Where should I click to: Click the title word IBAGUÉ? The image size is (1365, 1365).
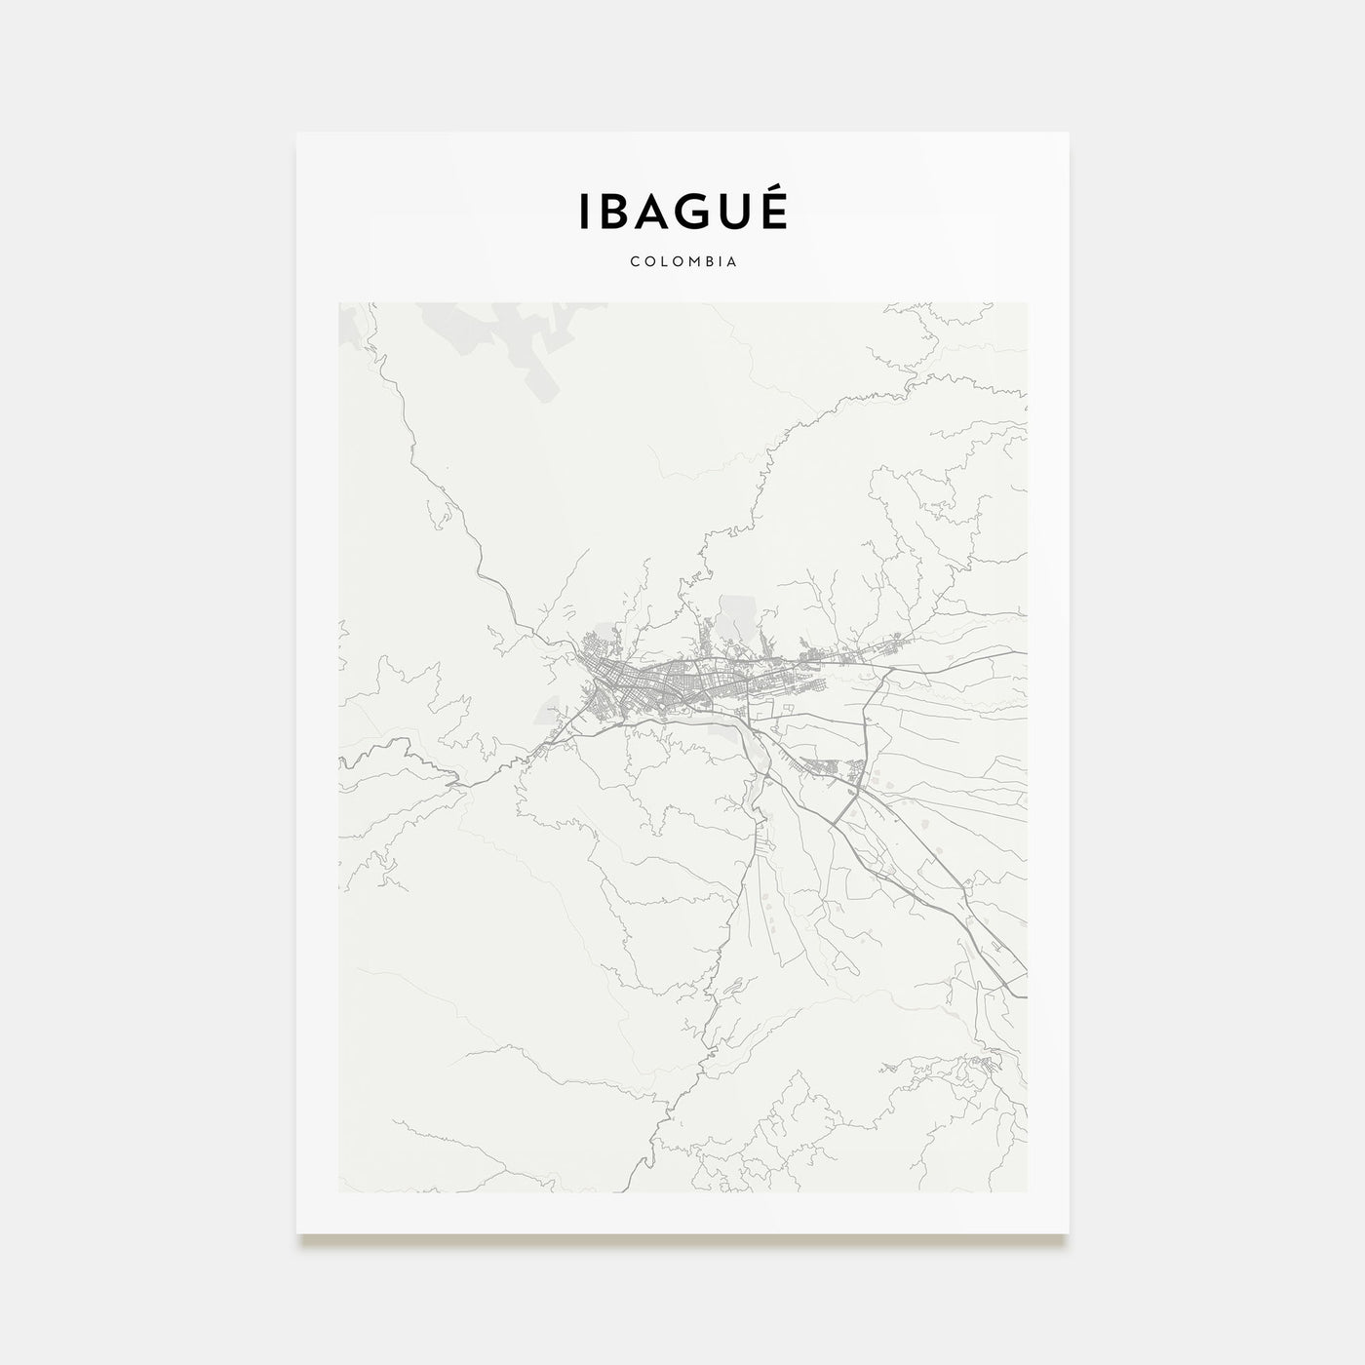point(682,212)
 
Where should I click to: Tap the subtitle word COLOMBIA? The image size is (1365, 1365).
point(682,262)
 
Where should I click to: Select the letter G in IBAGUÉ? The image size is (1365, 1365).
point(690,213)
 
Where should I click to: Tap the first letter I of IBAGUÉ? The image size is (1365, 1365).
point(584,213)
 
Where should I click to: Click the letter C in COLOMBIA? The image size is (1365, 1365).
point(635,262)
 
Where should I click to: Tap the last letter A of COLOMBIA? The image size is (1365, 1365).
point(731,262)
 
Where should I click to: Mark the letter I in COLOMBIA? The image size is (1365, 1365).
point(718,262)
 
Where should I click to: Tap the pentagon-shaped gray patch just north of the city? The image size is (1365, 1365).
point(733,620)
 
